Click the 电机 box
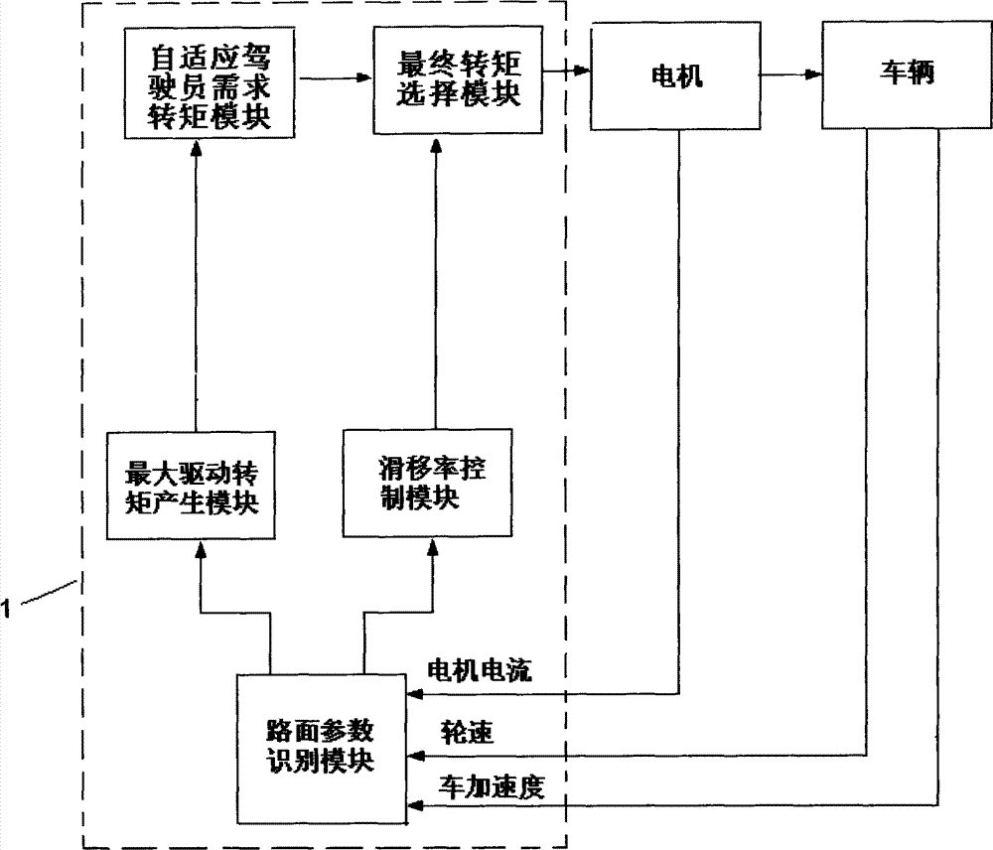675,76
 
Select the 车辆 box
907,74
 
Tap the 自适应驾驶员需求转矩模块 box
209,83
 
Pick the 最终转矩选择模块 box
457,79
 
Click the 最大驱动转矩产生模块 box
191,486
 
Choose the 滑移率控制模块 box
427,483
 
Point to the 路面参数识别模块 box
321,749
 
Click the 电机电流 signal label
480,669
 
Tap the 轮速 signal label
467,732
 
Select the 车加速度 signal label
492,787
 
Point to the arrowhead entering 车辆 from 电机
813,74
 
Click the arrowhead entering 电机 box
582,70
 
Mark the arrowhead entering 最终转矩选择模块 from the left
364,77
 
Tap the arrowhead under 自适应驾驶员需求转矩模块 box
196,148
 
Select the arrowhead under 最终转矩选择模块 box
436,144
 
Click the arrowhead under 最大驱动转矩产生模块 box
201,548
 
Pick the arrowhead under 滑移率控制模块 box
433,546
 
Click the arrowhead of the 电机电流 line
415,694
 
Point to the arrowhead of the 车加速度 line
415,805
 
